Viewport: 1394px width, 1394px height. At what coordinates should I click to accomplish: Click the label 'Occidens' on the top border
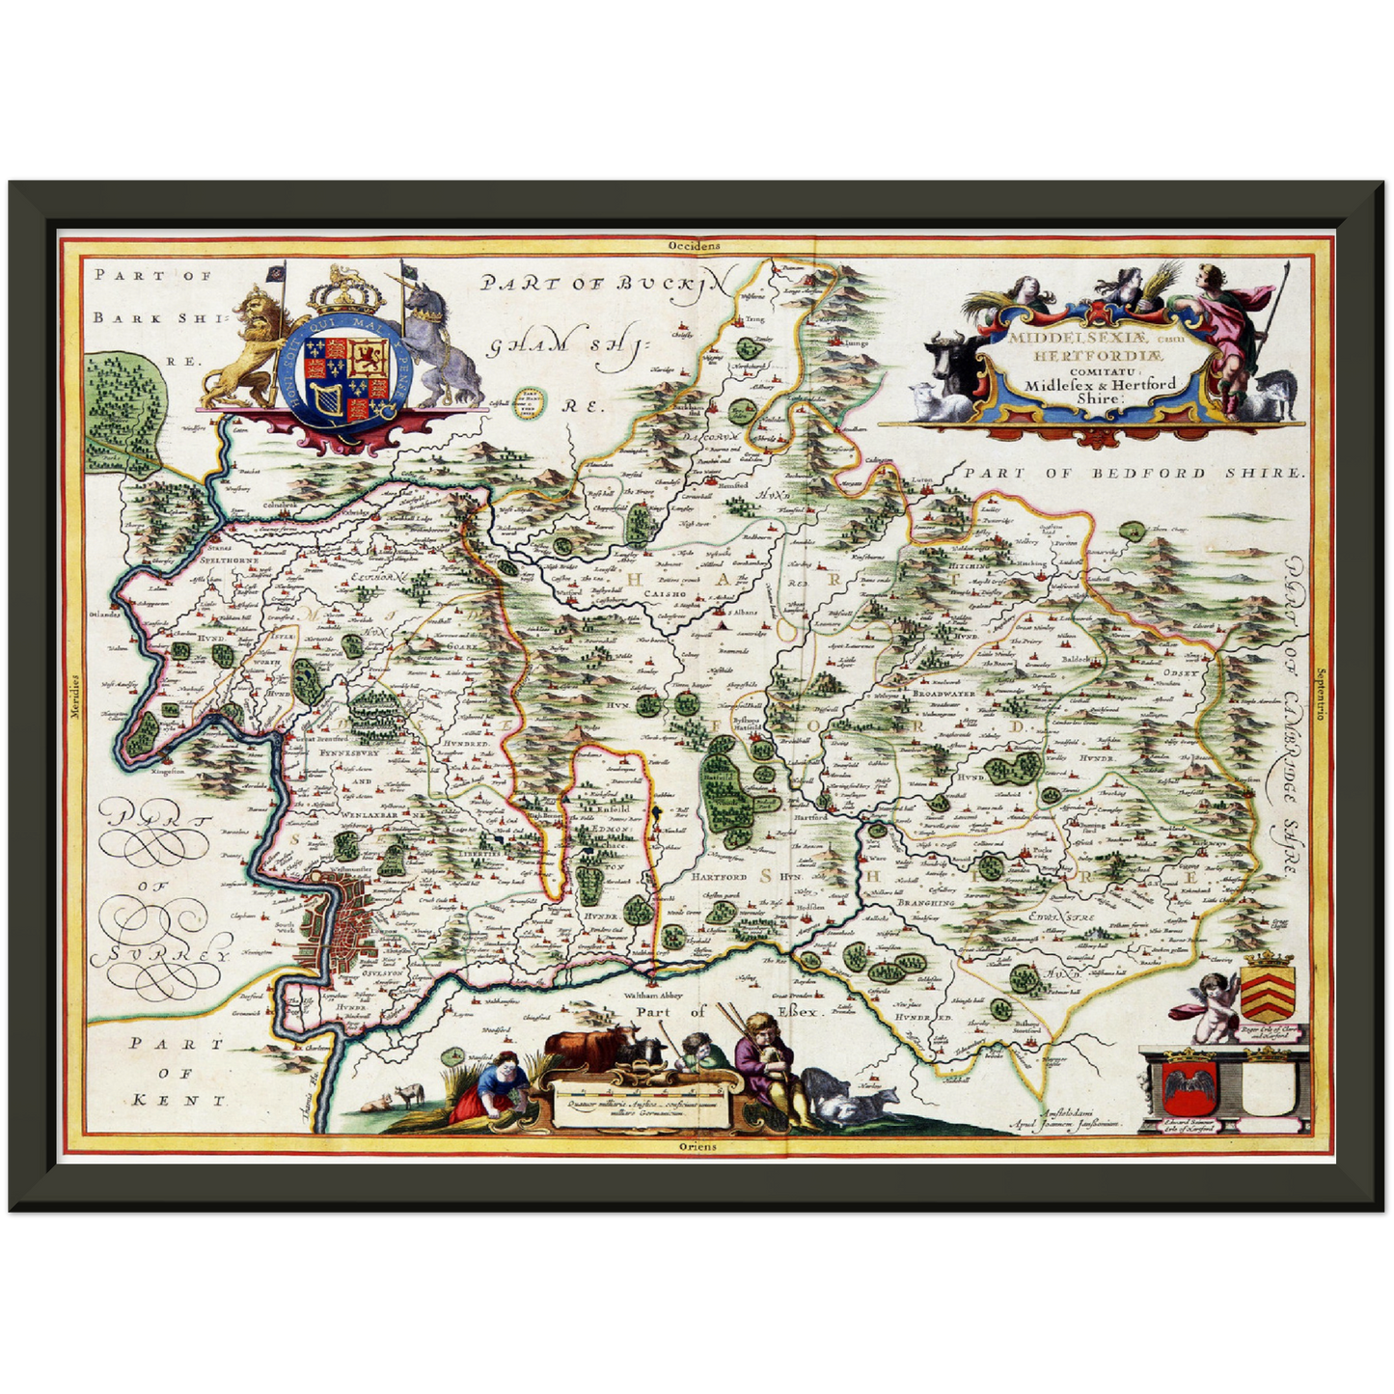[695, 246]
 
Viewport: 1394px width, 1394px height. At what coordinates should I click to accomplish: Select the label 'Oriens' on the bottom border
[697, 1146]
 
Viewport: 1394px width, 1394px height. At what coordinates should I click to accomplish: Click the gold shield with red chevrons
[1265, 989]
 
